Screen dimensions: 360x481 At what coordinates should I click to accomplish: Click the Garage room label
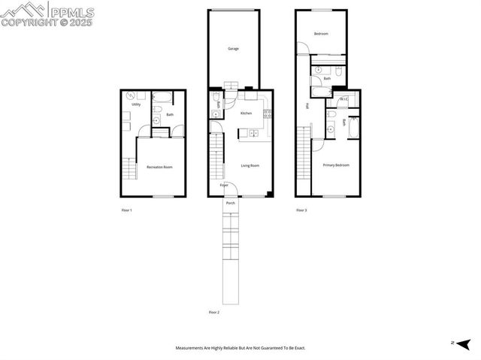(233, 48)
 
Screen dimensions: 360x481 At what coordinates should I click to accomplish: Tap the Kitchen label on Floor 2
(246, 113)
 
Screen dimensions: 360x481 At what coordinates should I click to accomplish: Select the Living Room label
(250, 165)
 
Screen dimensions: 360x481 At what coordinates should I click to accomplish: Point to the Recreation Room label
(159, 167)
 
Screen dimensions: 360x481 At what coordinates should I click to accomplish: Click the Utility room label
(136, 104)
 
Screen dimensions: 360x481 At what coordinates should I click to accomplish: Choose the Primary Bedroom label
(335, 165)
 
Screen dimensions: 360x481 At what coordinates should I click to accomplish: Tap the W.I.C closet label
(343, 99)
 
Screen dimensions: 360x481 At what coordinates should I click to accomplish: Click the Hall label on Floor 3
(307, 106)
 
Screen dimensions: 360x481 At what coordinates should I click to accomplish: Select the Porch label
(231, 203)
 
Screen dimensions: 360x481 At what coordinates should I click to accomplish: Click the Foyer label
(224, 185)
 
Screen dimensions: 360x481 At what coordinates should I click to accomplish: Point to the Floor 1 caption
(126, 210)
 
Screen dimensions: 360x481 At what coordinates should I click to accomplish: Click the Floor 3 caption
(301, 210)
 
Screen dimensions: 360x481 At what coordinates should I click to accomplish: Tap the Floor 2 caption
(213, 312)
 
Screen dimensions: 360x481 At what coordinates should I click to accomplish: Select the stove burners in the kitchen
(267, 114)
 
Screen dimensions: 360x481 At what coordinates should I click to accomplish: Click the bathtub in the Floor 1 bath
(162, 96)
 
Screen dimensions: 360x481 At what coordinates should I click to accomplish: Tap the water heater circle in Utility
(131, 95)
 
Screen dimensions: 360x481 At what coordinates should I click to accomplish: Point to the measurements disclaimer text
(240, 348)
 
